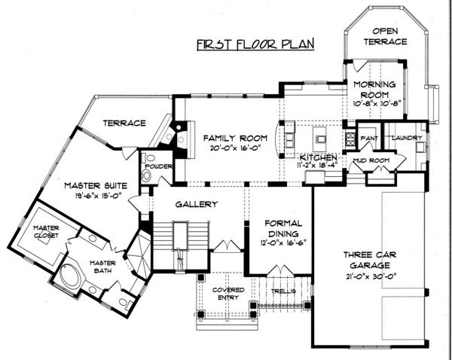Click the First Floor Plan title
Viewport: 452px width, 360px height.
click(x=255, y=44)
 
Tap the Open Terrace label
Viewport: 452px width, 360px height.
click(x=385, y=36)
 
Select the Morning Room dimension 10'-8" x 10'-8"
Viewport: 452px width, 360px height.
click(x=376, y=104)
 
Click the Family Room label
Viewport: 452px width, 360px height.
click(x=235, y=139)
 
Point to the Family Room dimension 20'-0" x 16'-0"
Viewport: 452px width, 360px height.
click(x=236, y=148)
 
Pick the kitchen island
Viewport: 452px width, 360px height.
click(x=319, y=139)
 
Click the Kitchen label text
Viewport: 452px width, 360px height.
click(x=318, y=157)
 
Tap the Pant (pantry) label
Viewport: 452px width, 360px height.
click(x=369, y=139)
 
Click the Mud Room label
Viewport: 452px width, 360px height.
click(x=371, y=160)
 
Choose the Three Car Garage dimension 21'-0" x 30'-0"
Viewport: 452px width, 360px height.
click(x=371, y=276)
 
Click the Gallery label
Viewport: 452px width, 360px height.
click(x=197, y=204)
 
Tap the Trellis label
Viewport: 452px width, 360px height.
click(x=283, y=291)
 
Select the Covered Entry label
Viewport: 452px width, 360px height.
click(x=228, y=294)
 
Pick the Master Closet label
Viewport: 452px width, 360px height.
click(x=46, y=231)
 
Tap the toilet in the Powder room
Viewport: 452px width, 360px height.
click(x=147, y=175)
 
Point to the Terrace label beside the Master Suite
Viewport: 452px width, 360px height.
click(x=124, y=124)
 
